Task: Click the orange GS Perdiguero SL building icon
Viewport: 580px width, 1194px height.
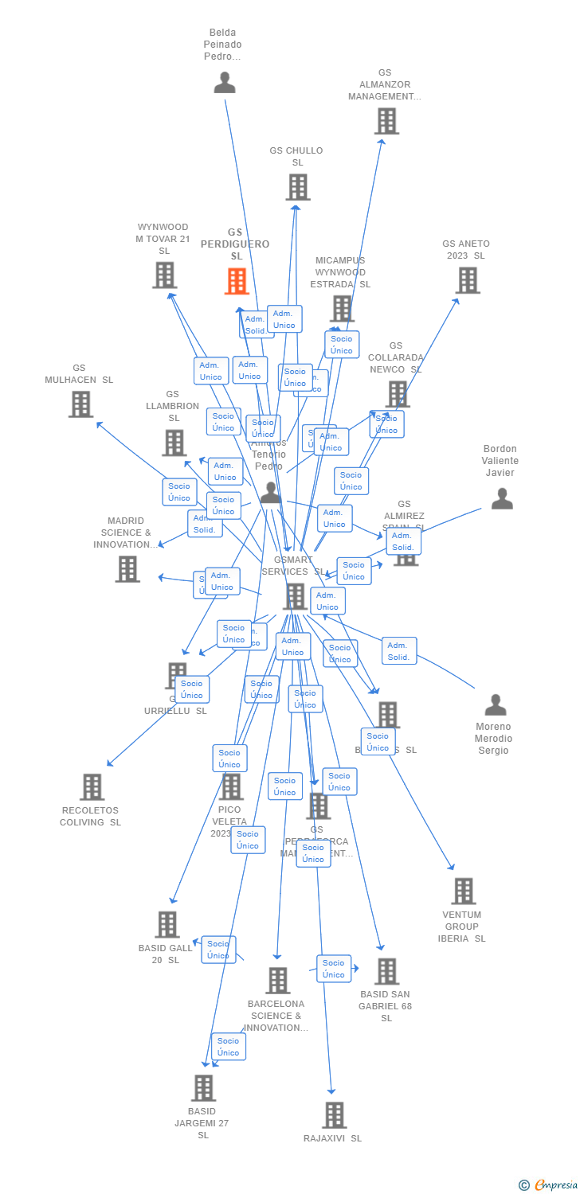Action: coord(237,281)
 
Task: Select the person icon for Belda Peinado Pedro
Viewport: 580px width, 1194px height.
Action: coord(225,82)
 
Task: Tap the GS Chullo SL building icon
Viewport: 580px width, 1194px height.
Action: coord(298,187)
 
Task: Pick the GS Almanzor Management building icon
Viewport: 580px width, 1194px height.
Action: coord(386,121)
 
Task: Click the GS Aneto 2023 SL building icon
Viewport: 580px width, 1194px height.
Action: coord(468,280)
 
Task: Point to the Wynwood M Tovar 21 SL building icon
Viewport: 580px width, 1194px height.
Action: coord(164,275)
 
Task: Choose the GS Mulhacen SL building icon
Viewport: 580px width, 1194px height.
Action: coord(80,404)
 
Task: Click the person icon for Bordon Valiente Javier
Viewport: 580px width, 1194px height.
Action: coord(502,499)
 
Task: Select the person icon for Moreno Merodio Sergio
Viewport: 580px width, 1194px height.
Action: coord(496,705)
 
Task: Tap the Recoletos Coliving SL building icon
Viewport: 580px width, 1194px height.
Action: coord(92,787)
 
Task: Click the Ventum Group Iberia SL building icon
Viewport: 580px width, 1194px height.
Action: coord(463,892)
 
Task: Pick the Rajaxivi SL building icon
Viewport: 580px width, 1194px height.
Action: coord(335,1115)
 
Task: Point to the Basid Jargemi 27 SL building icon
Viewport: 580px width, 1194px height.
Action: coord(203,1088)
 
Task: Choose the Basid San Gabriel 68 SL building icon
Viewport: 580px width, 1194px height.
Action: coord(386,971)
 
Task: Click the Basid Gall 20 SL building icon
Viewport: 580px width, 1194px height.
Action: coord(167,925)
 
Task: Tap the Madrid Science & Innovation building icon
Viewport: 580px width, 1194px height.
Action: coord(127,569)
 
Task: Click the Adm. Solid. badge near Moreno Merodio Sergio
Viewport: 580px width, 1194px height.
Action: coord(398,651)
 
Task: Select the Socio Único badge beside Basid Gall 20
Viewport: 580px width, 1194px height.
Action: coord(218,950)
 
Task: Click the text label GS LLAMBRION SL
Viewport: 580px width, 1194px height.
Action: coord(173,406)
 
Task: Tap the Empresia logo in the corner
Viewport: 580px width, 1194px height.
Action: coord(550,1185)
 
